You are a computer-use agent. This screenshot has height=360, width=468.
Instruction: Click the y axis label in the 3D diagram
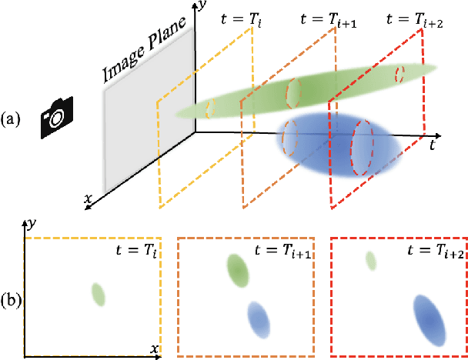pos(201,8)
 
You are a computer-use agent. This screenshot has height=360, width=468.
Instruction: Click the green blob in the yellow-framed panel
pos(97,294)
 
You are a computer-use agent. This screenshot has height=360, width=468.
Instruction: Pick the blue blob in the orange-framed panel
pos(259,318)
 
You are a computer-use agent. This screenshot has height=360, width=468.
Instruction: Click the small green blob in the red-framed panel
pos(371,262)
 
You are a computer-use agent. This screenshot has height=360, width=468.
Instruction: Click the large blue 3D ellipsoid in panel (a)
pos(339,146)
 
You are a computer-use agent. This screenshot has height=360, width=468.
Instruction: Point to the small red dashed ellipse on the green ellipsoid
pos(400,75)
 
